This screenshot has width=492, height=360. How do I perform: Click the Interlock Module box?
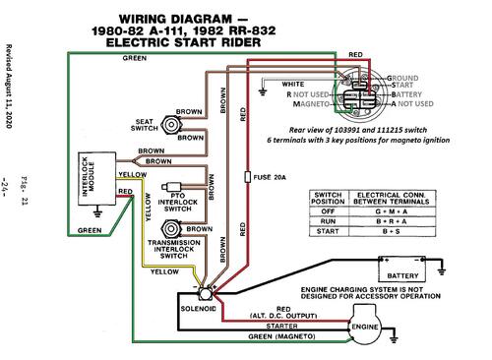point(96,179)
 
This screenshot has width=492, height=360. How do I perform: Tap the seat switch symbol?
point(171,125)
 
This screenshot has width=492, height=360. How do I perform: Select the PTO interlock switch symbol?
point(171,187)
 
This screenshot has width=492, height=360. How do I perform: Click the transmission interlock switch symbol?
point(171,229)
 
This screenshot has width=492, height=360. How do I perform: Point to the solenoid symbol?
point(205,293)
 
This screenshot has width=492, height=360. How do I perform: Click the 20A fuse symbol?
point(248,177)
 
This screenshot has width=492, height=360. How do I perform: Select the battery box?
point(401,270)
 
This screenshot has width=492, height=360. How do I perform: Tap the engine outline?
point(364,325)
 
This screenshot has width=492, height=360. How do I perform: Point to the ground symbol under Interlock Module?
point(97,213)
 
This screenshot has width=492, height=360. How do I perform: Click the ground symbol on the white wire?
point(263,92)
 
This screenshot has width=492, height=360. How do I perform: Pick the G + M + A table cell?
point(392,211)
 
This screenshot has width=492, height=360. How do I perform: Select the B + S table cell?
point(392,231)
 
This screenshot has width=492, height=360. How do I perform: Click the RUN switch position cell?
point(329,221)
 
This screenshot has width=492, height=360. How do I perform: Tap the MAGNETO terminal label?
point(311,104)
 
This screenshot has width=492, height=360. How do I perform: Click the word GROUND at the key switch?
point(402,78)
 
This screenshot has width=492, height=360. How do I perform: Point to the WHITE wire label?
point(293,85)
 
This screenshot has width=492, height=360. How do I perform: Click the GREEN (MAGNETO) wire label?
point(281,336)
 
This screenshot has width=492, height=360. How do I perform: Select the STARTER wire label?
point(281,327)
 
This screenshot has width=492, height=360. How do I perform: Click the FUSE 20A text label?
point(270,177)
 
